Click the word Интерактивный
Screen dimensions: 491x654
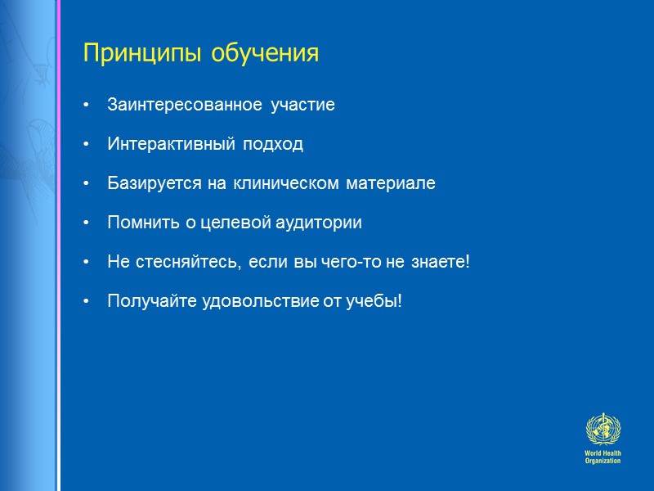(x=169, y=144)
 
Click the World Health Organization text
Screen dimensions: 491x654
(x=602, y=457)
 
